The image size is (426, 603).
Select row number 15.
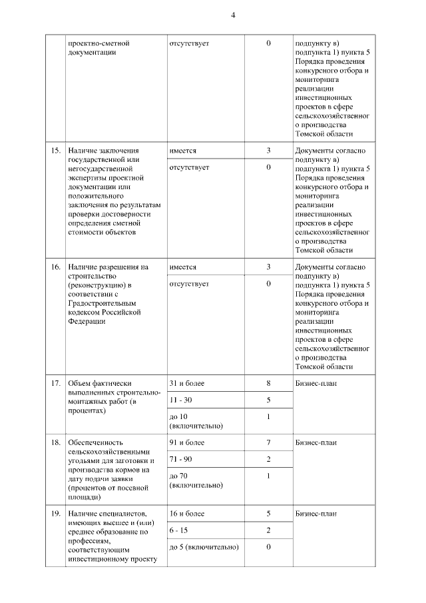point(56,151)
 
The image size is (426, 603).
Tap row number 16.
point(56,267)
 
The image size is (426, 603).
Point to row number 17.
point(56,384)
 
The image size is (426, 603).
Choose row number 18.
point(56,442)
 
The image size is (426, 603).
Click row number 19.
point(56,514)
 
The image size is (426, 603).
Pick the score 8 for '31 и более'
point(268,384)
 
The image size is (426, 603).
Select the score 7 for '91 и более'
point(268,442)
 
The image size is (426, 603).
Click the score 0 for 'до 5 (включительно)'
point(268,547)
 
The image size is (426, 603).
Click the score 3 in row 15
point(268,151)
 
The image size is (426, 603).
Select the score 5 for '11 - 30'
point(268,400)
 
